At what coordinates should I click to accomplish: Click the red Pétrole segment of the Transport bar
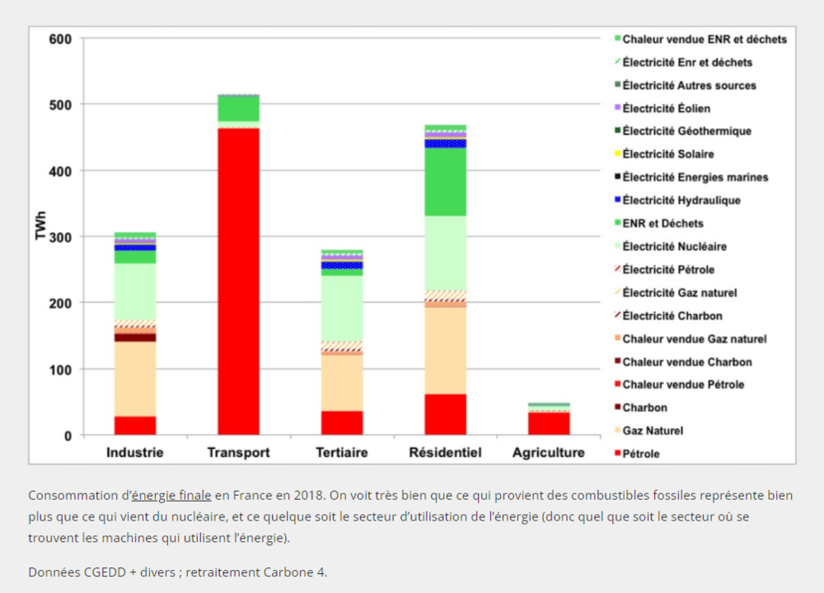[x=238, y=280]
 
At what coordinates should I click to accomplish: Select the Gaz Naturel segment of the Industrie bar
[x=135, y=379]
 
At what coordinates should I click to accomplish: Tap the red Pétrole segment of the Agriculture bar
[x=549, y=423]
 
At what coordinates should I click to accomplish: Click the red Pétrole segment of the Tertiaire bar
[x=342, y=422]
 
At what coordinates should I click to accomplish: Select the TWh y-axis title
[x=40, y=226]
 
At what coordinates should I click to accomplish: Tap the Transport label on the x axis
[x=238, y=453]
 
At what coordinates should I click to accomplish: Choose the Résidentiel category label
[x=445, y=453]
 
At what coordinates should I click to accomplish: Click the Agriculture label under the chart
[x=548, y=453]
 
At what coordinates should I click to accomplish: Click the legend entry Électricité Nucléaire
[x=674, y=246]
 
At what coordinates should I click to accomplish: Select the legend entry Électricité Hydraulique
[x=681, y=200]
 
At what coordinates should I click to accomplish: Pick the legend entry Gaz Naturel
[x=653, y=431]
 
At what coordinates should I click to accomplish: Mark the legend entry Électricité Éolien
[x=666, y=108]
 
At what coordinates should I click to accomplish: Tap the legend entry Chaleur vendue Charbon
[x=686, y=362]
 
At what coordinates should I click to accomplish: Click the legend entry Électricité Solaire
[x=667, y=154]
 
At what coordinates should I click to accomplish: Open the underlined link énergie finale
[x=171, y=495]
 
